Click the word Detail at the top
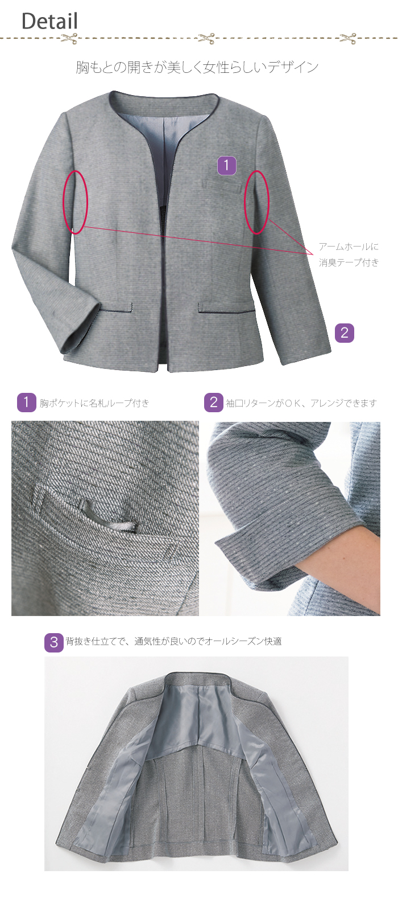[x=49, y=21]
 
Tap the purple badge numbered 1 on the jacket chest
[x=227, y=166]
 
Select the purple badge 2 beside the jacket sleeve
[x=345, y=333]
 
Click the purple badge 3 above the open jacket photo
[x=54, y=643]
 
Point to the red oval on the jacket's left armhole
[x=75, y=202]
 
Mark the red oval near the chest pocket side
[x=256, y=202]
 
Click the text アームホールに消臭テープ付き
[x=349, y=255]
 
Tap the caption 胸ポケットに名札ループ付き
[x=94, y=404]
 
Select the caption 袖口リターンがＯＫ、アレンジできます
[x=301, y=404]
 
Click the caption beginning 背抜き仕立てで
[x=174, y=642]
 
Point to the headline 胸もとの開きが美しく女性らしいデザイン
[x=197, y=67]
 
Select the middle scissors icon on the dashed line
[x=207, y=39]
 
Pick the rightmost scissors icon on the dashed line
[x=348, y=39]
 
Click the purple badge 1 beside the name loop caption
[x=26, y=403]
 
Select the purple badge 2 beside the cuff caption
[x=214, y=403]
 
